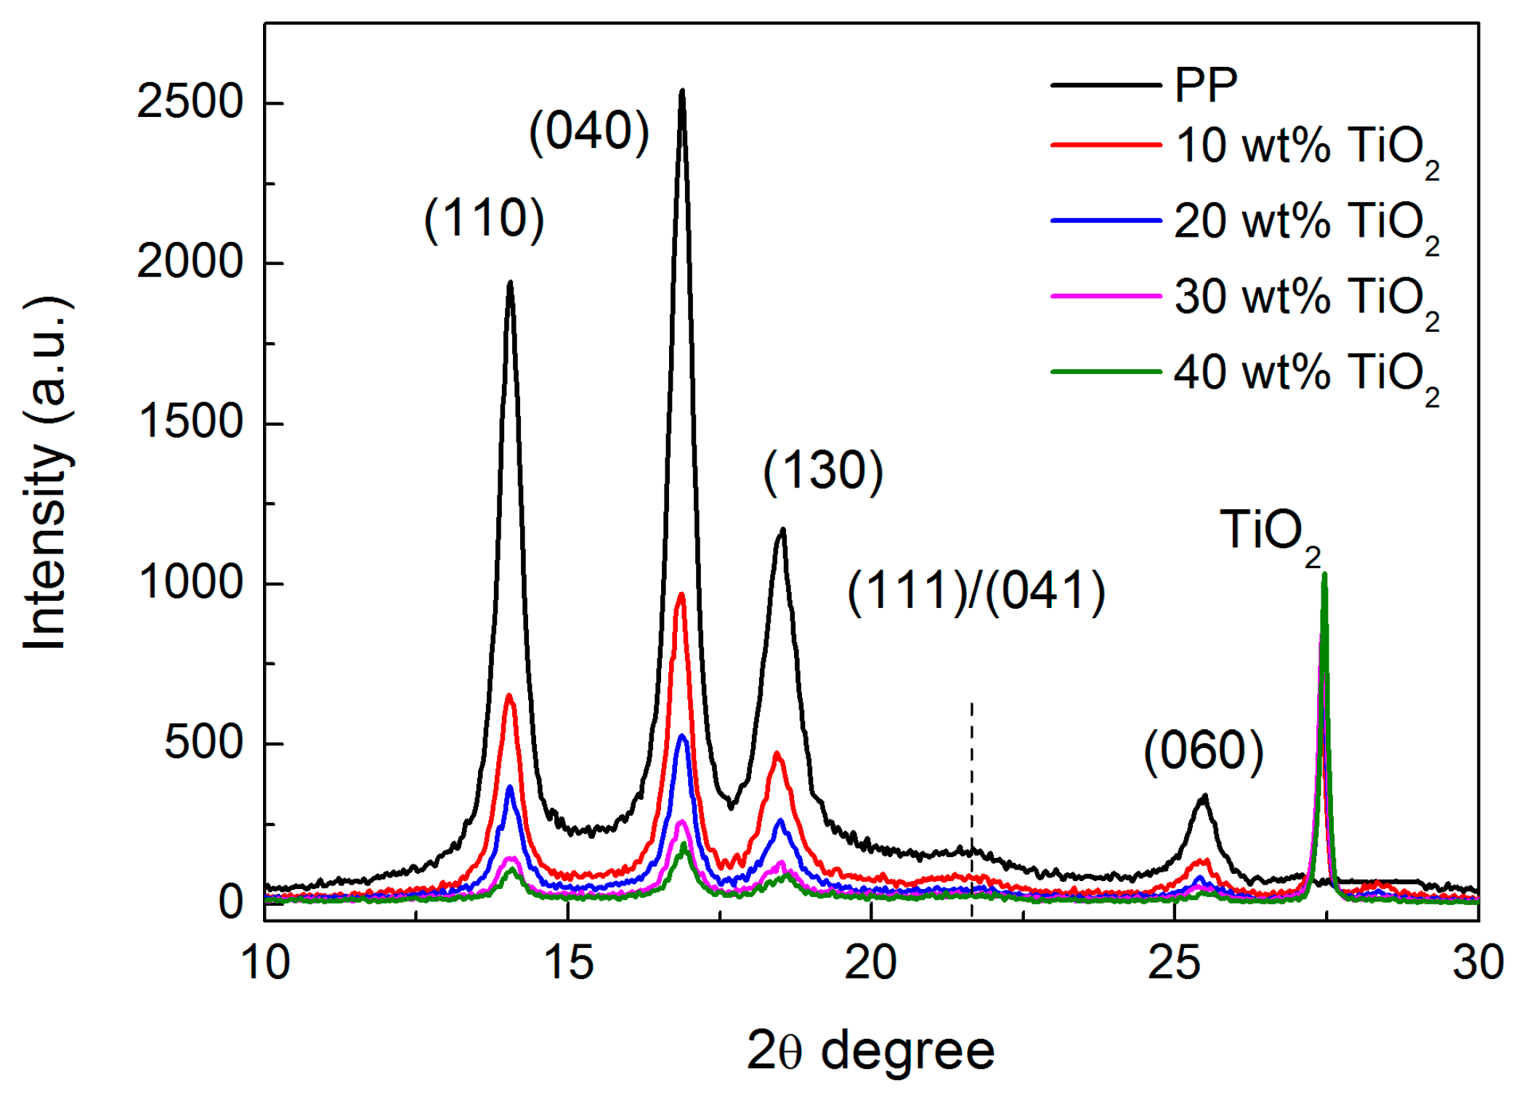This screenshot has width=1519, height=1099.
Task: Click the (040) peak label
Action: coord(589,131)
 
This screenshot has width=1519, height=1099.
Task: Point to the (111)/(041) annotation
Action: coord(976,590)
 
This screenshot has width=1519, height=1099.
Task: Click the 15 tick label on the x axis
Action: coord(568,963)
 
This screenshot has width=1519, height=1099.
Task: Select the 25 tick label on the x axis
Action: coord(1175,963)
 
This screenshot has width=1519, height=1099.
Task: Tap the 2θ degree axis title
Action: coord(870,1051)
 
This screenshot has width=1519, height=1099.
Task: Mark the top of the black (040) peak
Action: coord(682,92)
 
